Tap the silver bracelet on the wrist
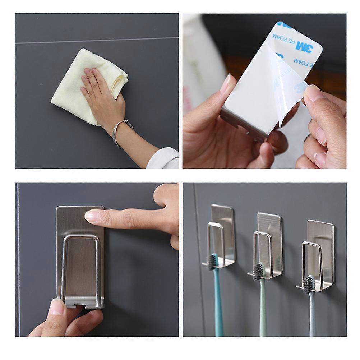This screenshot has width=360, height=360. (121, 131)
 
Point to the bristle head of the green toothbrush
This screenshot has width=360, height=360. (258, 271)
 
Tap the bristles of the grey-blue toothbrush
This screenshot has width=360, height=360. (308, 284)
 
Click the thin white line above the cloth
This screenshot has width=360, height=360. (97, 40)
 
